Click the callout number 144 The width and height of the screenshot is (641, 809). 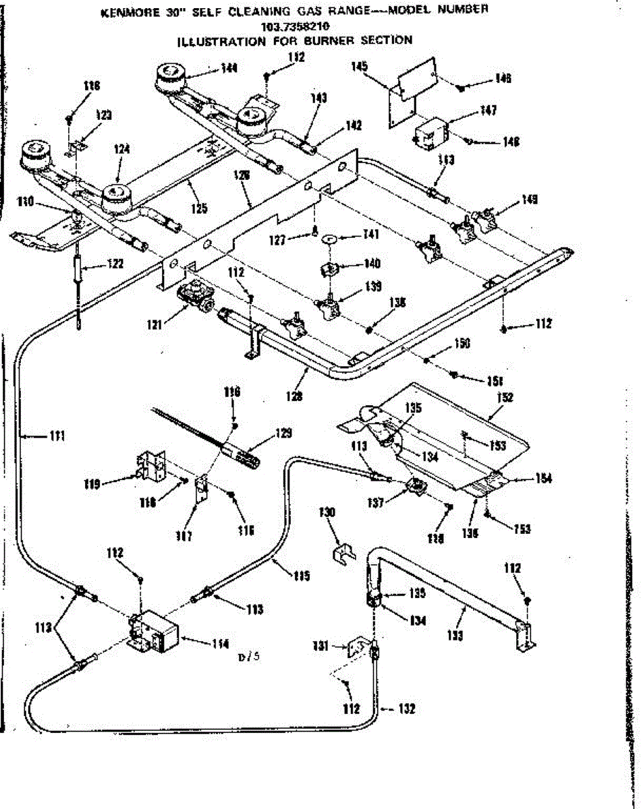(x=229, y=67)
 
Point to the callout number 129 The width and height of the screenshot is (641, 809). (x=284, y=433)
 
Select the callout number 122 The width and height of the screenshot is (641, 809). (x=115, y=264)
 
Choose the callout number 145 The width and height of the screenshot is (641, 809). (x=359, y=66)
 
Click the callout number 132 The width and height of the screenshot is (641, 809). (x=406, y=709)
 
